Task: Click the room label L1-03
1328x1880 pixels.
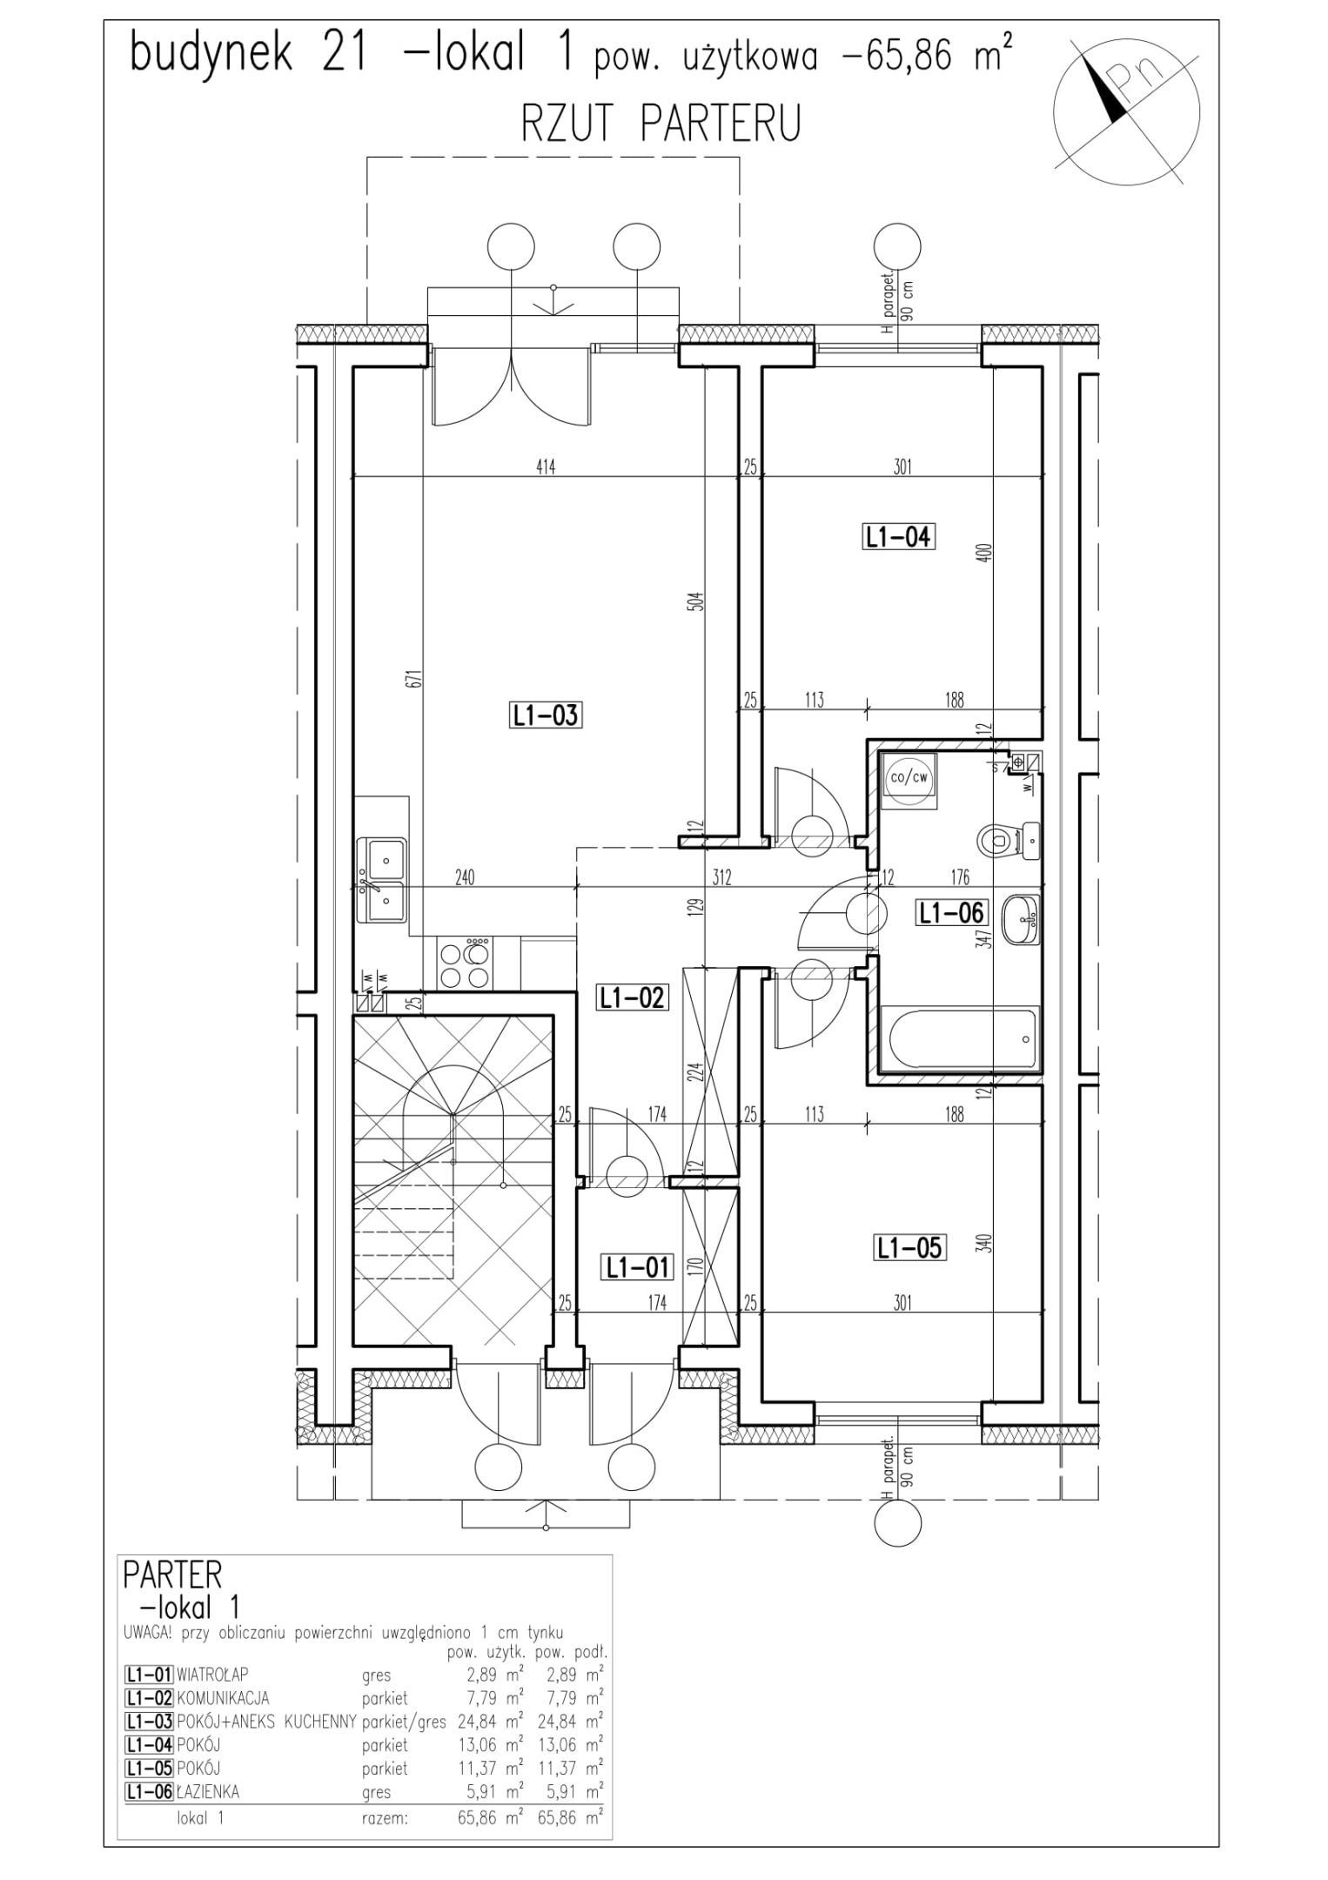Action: pyautogui.click(x=544, y=715)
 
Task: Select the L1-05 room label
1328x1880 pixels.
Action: pyautogui.click(x=909, y=1248)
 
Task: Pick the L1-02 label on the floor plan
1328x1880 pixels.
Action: pyautogui.click(x=633, y=997)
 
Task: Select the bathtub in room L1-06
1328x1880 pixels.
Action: pyautogui.click(x=960, y=1038)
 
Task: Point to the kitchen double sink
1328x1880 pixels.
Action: pyautogui.click(x=381, y=879)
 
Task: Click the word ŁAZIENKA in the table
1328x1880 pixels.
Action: pyautogui.click(x=208, y=1791)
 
